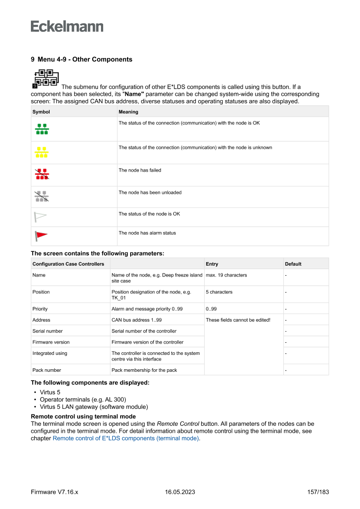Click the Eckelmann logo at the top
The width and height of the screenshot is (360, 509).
coord(67,27)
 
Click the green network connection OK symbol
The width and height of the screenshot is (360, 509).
coord(42,129)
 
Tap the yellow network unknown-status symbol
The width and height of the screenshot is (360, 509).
coord(42,152)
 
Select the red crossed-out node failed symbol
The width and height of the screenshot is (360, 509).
coord(42,174)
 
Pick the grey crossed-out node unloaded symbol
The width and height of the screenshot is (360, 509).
coord(42,196)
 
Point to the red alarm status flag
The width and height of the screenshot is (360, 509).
coord(41,236)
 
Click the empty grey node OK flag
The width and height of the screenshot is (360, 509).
coord(40,216)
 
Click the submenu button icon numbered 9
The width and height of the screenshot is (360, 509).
coord(45,78)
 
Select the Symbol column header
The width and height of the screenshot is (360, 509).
coord(41,112)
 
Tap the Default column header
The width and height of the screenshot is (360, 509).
coord(293,264)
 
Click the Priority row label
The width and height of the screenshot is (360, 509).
coord(40,309)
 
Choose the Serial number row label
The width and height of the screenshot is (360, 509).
coord(47,331)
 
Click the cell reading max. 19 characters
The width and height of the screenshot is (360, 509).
coord(226,275)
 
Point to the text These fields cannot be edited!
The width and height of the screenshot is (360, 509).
coord(238,320)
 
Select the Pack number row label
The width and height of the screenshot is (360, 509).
coord(47,370)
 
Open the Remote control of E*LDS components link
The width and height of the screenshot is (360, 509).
coord(125,438)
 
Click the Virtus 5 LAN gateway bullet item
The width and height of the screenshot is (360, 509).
coord(94,407)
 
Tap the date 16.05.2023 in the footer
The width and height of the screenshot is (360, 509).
coord(180,492)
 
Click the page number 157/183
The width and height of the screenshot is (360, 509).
coord(316,492)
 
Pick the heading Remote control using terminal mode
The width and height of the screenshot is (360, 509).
coord(83,417)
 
